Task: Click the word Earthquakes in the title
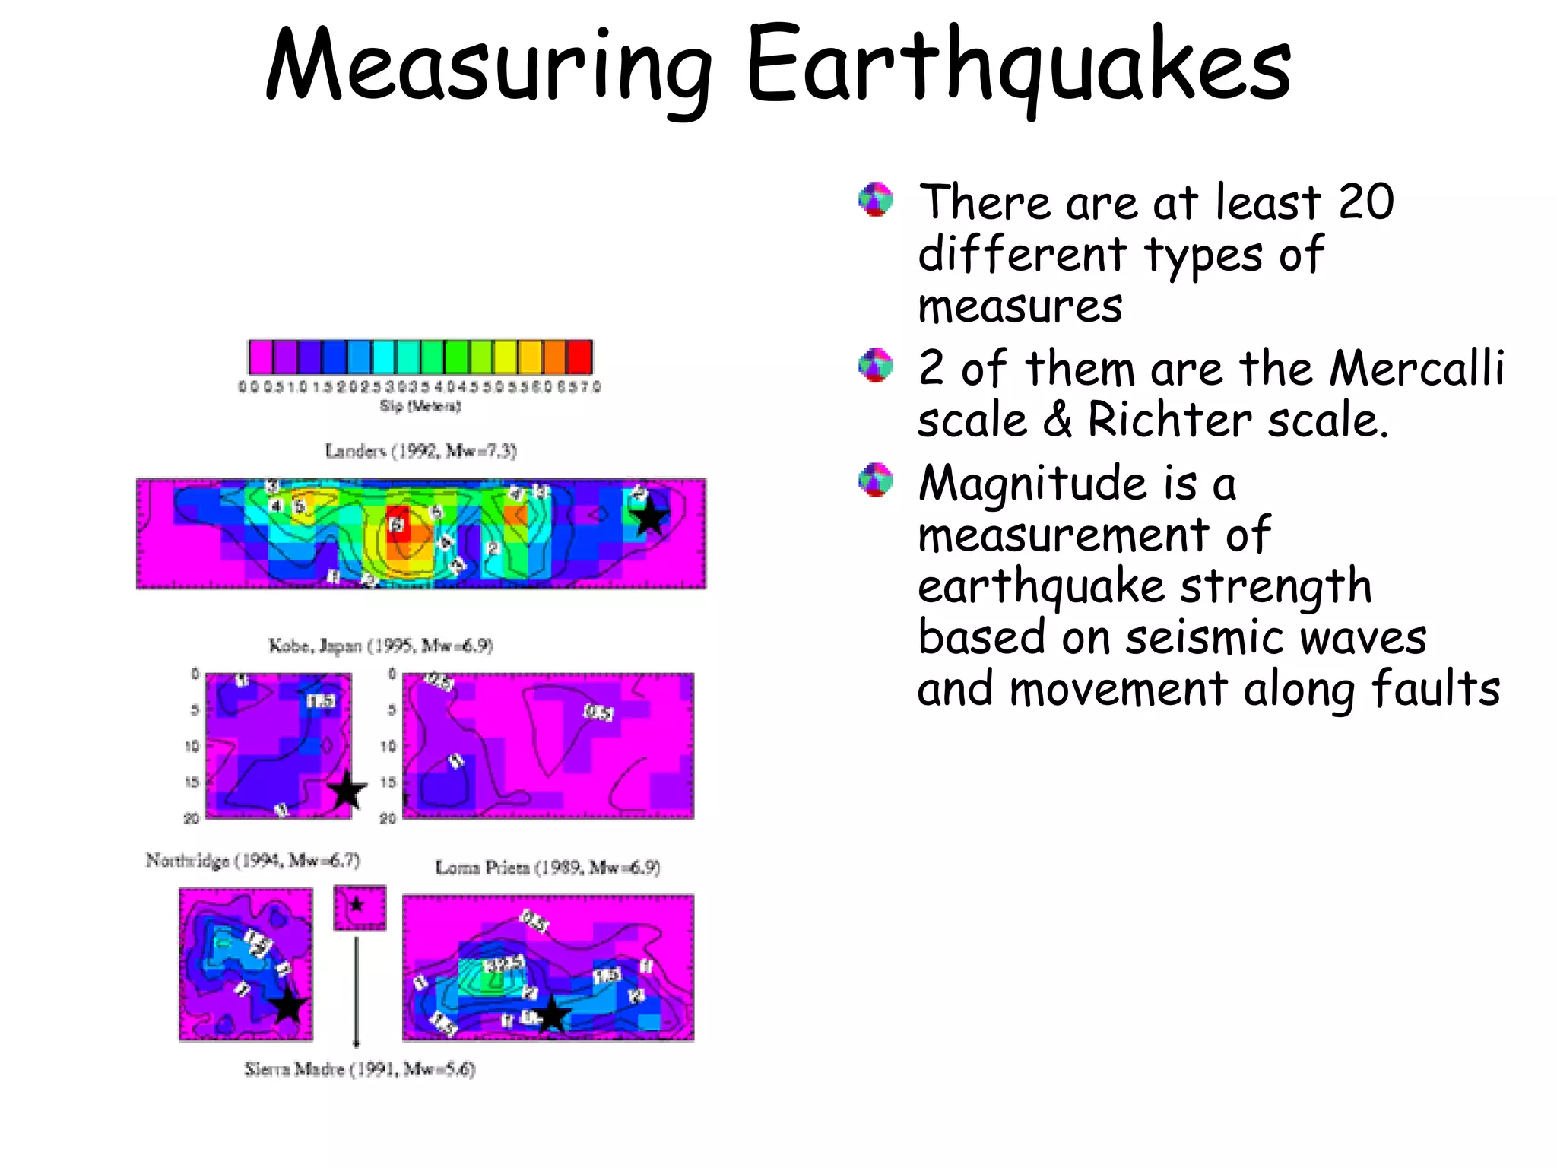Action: coord(1019,67)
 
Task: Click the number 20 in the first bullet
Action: coord(1365,202)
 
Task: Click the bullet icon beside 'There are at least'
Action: coord(876,200)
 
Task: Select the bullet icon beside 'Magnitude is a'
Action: coord(876,480)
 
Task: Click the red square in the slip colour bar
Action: coord(579,357)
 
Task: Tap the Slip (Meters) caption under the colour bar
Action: coord(420,406)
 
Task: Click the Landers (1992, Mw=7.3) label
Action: coord(420,451)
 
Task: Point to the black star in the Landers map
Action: coord(650,519)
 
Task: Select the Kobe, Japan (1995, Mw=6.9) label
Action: coord(381,646)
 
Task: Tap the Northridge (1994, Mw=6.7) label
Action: coord(252,861)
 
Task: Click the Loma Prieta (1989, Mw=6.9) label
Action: coord(547,868)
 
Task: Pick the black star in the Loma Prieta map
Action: coord(552,1014)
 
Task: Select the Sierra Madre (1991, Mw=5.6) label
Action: coord(360,1069)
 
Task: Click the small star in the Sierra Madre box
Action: coord(357,905)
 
